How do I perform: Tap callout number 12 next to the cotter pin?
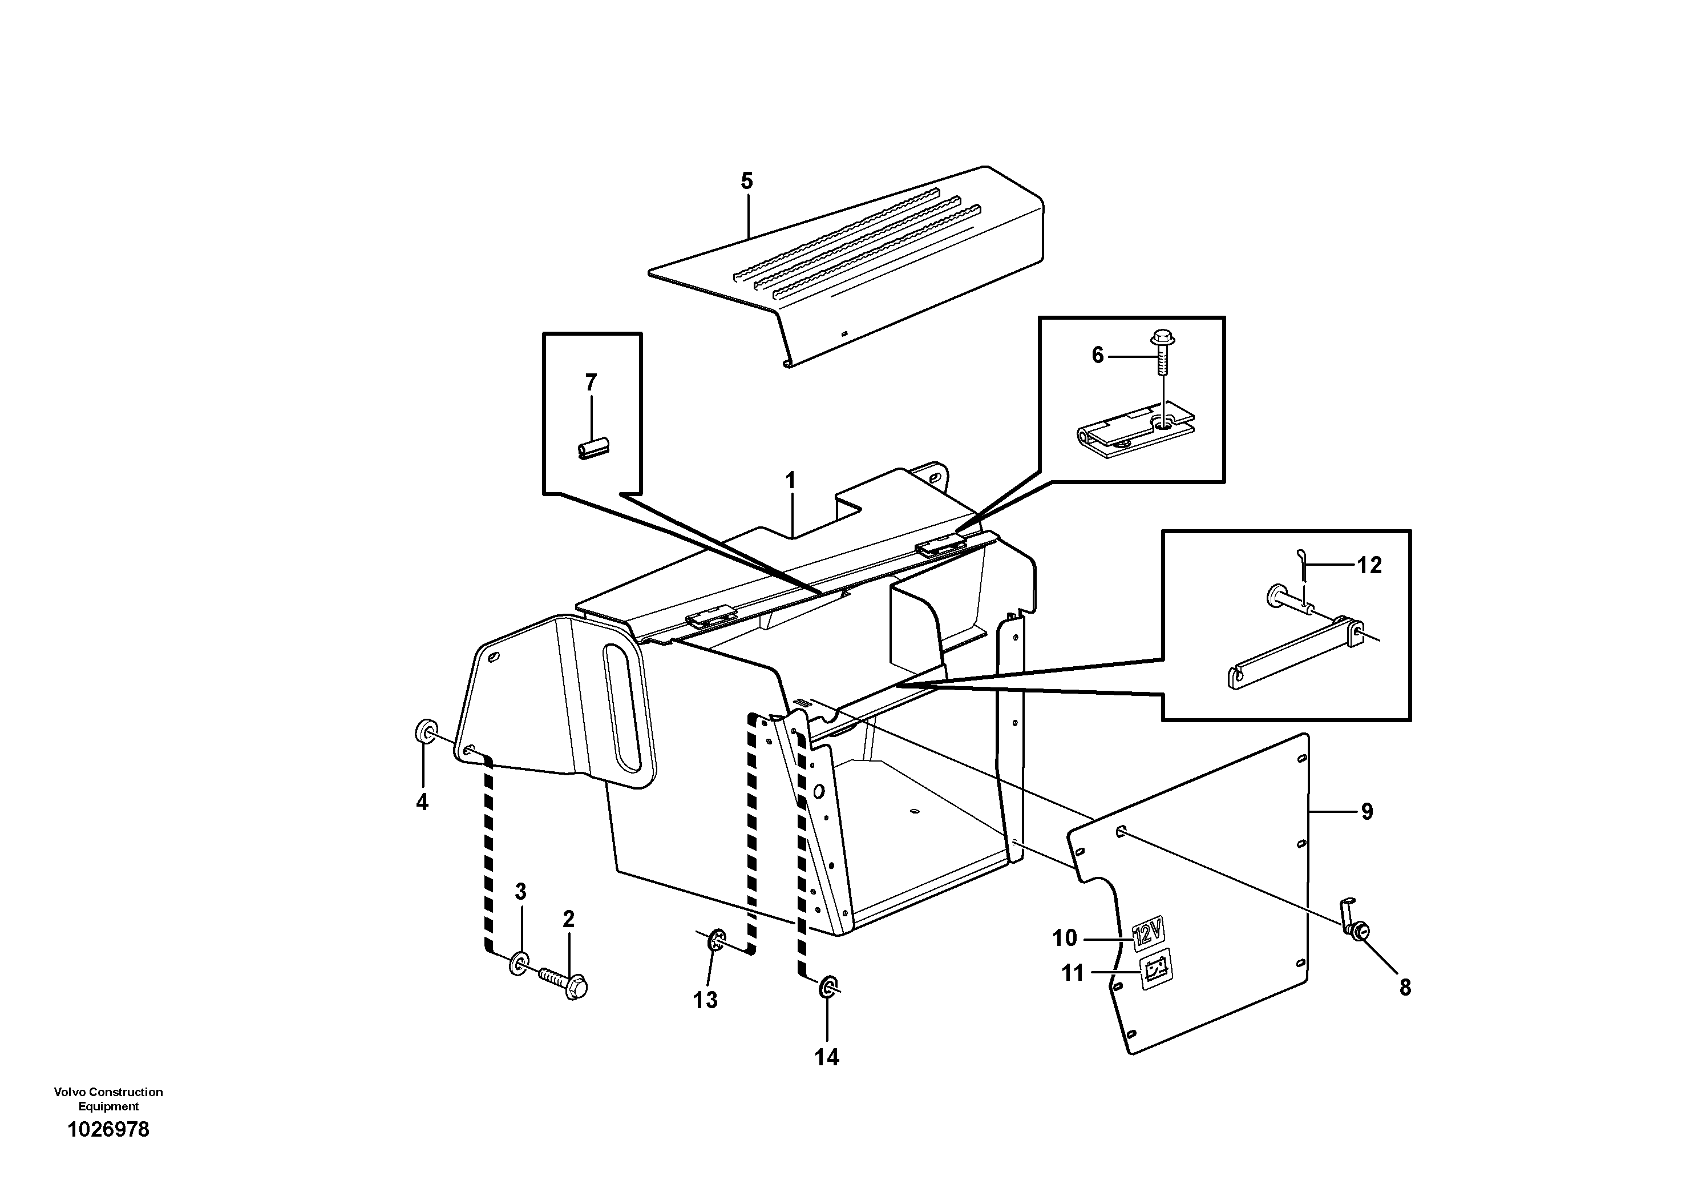click(1369, 565)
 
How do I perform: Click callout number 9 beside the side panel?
click(1367, 812)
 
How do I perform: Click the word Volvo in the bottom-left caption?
click(68, 1092)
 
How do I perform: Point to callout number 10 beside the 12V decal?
click(1064, 938)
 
